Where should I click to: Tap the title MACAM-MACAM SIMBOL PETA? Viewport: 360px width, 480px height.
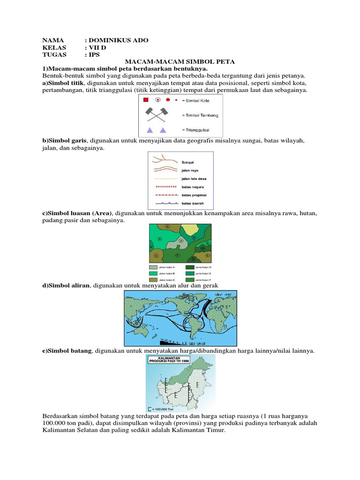pyautogui.click(x=180, y=61)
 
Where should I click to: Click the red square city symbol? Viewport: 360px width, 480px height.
pyautogui.click(x=146, y=100)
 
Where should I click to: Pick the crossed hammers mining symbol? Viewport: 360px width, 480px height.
pyautogui.click(x=156, y=114)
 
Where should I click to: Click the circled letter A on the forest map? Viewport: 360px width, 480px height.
pyautogui.click(x=181, y=240)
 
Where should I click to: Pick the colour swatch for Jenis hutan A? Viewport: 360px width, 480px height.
pyautogui.click(x=153, y=266)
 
